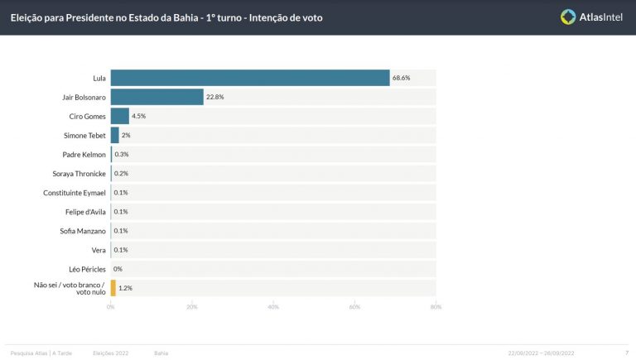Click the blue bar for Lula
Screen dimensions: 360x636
tap(249, 78)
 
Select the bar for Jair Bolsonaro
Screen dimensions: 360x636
tap(157, 97)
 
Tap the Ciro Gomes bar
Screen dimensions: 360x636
tap(119, 116)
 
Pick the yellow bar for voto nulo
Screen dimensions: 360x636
tap(113, 288)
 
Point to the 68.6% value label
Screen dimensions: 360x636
tap(402, 78)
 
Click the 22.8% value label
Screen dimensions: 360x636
tap(215, 97)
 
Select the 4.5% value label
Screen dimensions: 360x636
tap(139, 116)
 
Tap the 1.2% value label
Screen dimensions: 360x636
tap(125, 288)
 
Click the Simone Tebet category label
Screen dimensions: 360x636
tap(84, 135)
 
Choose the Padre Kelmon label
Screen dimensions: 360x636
tap(84, 154)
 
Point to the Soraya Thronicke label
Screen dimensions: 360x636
tap(79, 173)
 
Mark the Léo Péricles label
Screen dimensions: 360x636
tap(87, 269)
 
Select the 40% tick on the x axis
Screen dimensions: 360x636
tap(273, 307)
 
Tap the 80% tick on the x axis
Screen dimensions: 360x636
tap(436, 307)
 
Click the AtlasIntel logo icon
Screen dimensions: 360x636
tap(568, 17)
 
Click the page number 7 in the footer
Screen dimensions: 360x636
tap(625, 353)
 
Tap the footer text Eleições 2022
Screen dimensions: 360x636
tap(110, 353)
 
